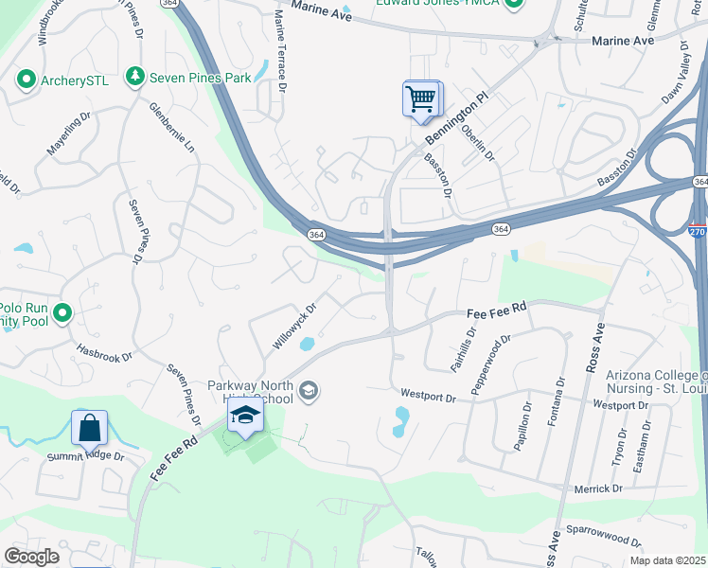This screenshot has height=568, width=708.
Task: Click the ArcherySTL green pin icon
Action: coord(27,80)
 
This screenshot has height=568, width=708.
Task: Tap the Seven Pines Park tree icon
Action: coord(136,77)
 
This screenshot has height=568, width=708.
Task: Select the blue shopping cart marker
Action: coord(421,98)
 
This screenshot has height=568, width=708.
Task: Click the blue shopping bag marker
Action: coord(89,428)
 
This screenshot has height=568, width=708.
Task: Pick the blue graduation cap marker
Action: coord(245,416)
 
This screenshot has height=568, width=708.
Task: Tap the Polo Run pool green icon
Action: coord(63,311)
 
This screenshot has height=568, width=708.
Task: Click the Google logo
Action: coord(32,557)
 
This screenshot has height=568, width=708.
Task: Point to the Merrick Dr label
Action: coord(597,488)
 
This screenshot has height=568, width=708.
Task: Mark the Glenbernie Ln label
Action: coord(170,128)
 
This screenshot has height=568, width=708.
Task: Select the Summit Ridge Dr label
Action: coord(86,457)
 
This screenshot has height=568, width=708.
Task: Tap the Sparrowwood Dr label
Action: coord(604,538)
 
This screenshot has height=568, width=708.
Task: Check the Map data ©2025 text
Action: coord(667,560)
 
